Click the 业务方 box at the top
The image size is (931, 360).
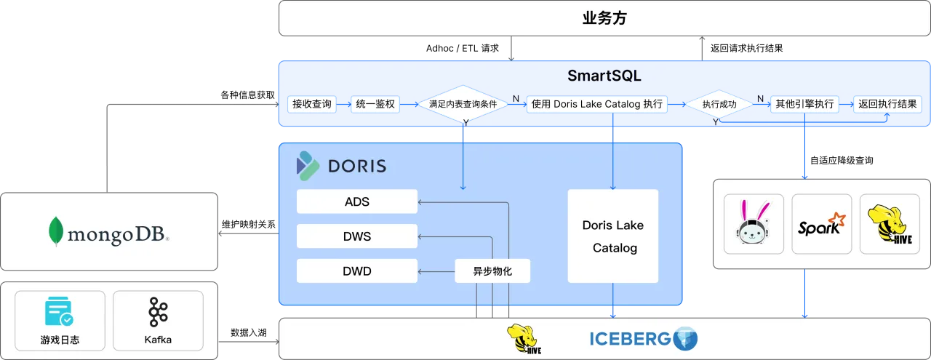click(604, 18)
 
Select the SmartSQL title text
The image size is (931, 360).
click(604, 76)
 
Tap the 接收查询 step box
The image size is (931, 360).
click(311, 104)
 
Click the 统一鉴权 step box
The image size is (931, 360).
click(375, 104)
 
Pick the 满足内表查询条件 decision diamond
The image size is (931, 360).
click(463, 105)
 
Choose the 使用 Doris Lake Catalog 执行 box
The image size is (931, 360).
click(597, 104)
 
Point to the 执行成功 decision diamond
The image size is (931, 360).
click(719, 105)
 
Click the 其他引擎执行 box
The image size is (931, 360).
click(804, 104)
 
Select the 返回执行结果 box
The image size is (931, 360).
click(887, 104)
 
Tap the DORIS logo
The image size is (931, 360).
click(341, 167)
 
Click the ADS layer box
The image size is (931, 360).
click(357, 201)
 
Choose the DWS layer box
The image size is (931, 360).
click(357, 236)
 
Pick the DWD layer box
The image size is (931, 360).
click(357, 271)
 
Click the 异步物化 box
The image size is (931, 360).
click(492, 271)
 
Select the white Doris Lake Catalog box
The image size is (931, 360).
click(613, 236)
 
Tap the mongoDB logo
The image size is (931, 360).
click(109, 233)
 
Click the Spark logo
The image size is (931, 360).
click(821, 224)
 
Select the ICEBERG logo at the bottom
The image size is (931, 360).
click(643, 339)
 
